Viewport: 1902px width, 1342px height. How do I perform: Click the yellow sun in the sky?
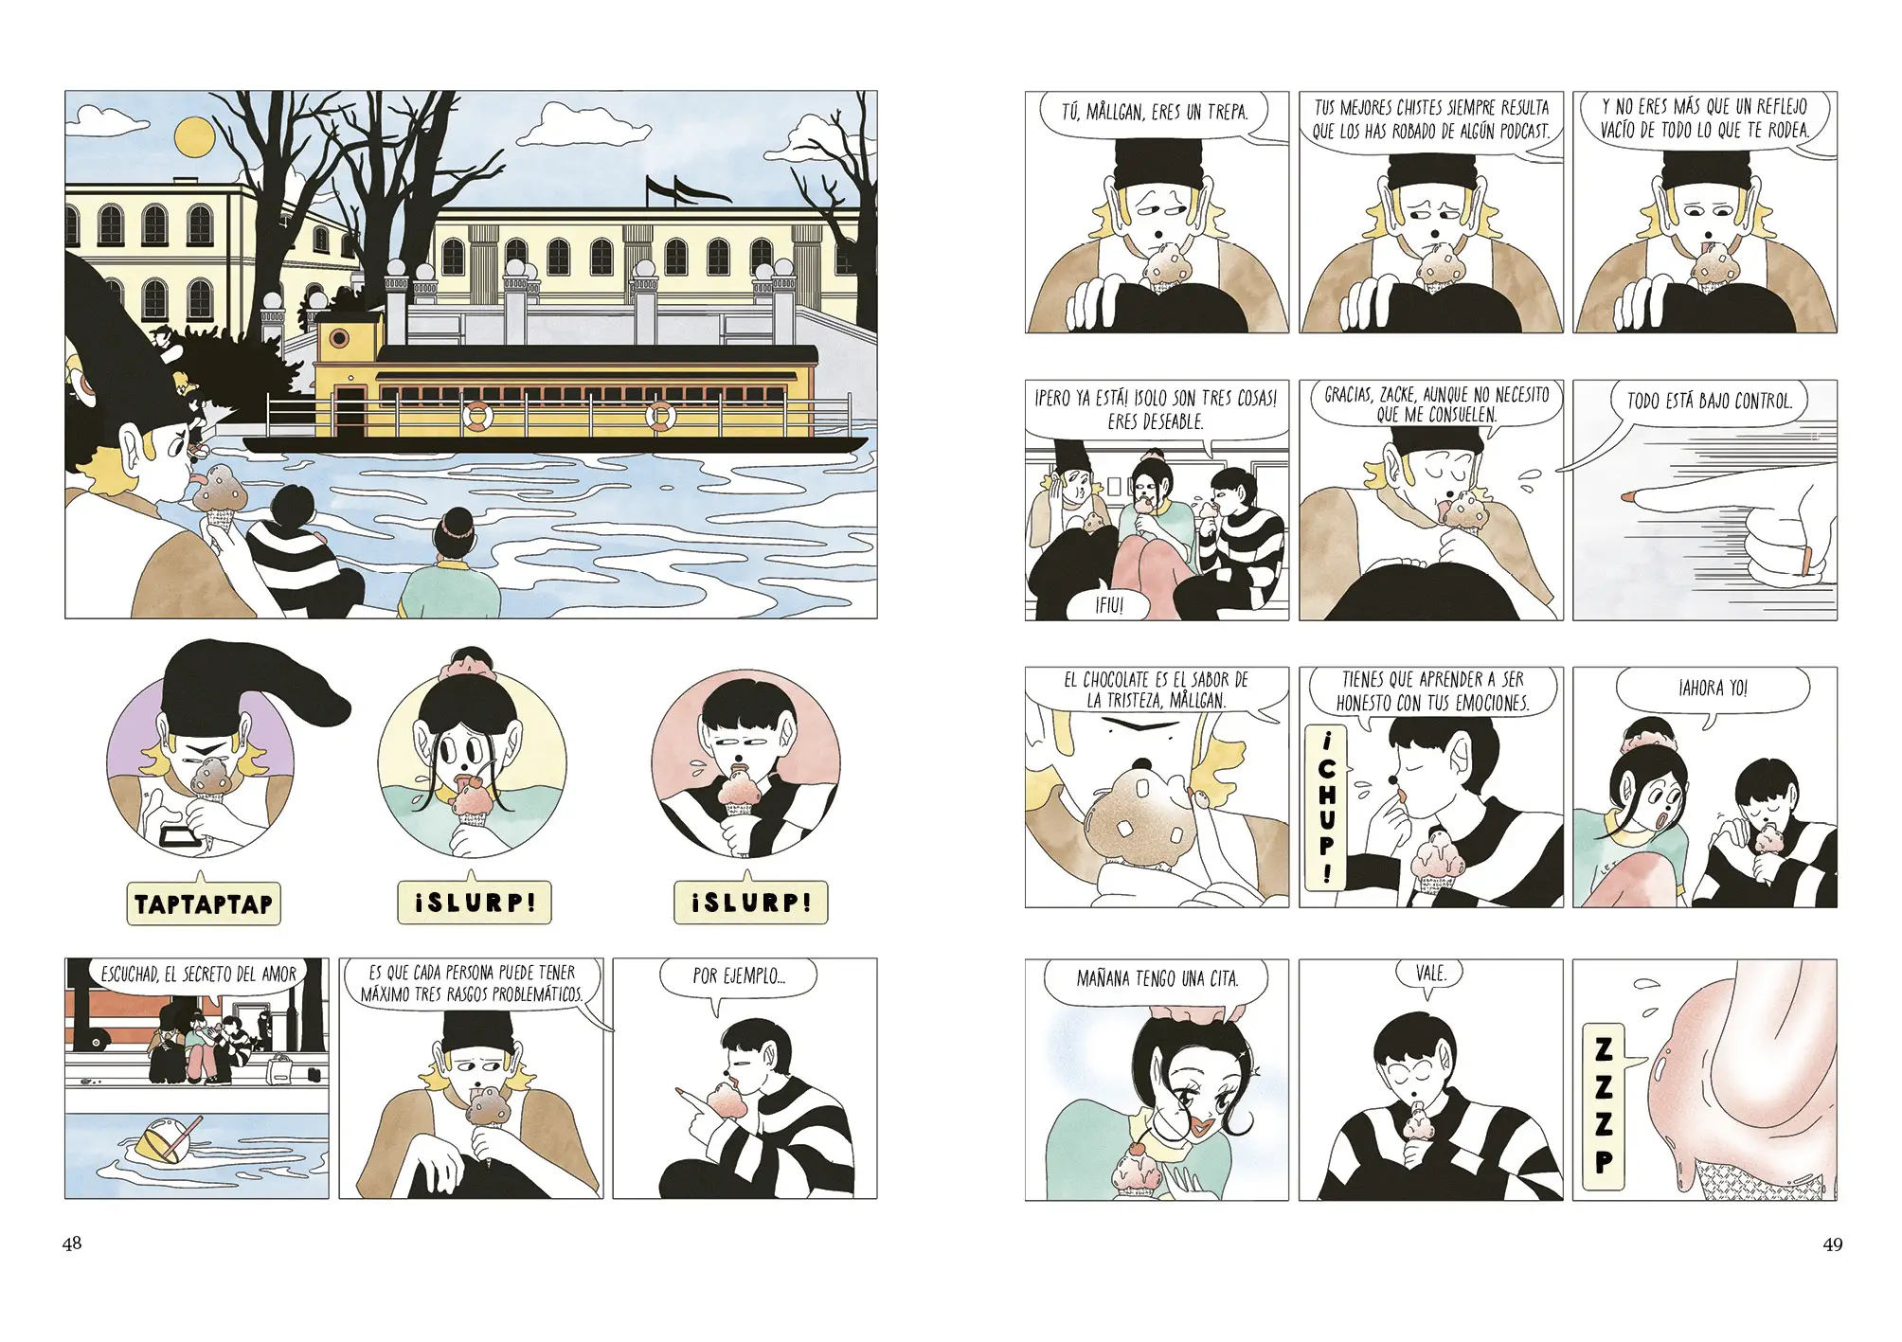[x=196, y=136]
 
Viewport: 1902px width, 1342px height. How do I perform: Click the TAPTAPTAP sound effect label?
[x=204, y=904]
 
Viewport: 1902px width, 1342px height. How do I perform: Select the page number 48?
[x=72, y=1244]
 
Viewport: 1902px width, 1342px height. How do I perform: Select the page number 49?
[x=1832, y=1244]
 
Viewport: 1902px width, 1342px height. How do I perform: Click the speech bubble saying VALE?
[x=1430, y=975]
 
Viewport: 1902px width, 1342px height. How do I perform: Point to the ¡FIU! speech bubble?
[x=1109, y=604]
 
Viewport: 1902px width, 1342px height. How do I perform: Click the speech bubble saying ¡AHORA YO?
[x=1713, y=690]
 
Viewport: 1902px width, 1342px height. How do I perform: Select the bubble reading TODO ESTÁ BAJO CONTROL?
[x=1710, y=403]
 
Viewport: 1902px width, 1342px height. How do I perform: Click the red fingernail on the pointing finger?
[x=1627, y=496]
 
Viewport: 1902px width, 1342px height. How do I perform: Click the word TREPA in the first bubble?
[x=1228, y=113]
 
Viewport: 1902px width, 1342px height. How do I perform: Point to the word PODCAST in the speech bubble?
[x=1520, y=132]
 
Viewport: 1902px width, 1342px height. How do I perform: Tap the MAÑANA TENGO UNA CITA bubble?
[x=1157, y=980]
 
